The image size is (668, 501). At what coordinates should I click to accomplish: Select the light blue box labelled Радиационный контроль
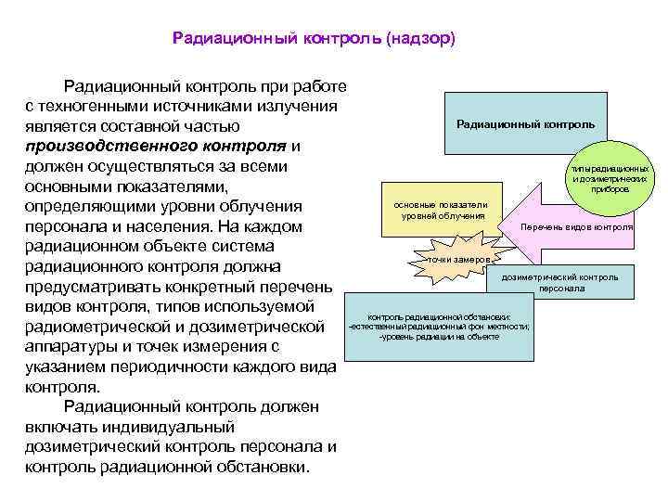click(526, 123)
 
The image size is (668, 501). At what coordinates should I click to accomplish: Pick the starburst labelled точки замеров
click(457, 260)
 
